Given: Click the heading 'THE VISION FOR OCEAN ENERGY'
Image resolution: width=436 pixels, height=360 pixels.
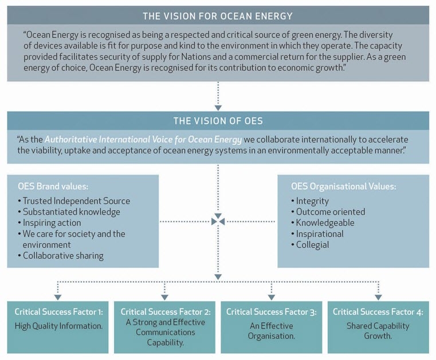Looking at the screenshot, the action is coord(218,16).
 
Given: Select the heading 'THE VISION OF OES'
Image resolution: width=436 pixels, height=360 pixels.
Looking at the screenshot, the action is coord(218,121).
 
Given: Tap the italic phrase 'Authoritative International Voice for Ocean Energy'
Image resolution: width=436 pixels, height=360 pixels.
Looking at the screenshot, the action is coord(143,140).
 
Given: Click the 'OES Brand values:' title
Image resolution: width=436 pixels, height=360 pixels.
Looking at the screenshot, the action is coord(53,186).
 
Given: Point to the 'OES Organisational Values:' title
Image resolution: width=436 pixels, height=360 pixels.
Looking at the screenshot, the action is coord(344,186).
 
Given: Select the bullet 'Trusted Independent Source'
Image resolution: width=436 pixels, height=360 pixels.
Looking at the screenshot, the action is coord(74,201).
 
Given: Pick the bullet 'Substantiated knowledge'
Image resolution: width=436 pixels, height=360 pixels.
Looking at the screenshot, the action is coord(69,212).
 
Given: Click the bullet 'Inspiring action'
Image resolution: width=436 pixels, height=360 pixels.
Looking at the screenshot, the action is coord(49,223).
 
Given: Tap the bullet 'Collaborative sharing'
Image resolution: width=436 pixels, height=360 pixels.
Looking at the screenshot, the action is coord(61,256).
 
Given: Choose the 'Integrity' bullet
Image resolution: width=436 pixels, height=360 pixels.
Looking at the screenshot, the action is coord(310,201).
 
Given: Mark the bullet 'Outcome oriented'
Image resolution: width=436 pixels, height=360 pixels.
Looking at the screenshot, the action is coord(328,212).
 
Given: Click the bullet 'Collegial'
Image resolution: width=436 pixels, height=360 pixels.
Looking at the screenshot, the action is coord(310,245).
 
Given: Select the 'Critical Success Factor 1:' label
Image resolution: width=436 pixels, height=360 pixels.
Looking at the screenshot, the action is coord(58,312).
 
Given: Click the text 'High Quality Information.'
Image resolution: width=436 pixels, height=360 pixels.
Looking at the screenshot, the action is coord(58,326).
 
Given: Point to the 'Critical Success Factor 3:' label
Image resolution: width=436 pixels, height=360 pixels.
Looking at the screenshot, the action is coord(272,312).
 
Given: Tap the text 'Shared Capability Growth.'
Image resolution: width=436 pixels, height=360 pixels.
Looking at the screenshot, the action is coord(378,331).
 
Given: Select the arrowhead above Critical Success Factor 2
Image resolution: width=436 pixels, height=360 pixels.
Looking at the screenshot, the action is coord(164,297).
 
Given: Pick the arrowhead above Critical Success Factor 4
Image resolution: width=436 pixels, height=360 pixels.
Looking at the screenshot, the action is coord(378,297).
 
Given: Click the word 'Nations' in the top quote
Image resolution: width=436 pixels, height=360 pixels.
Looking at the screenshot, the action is coord(196,57).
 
